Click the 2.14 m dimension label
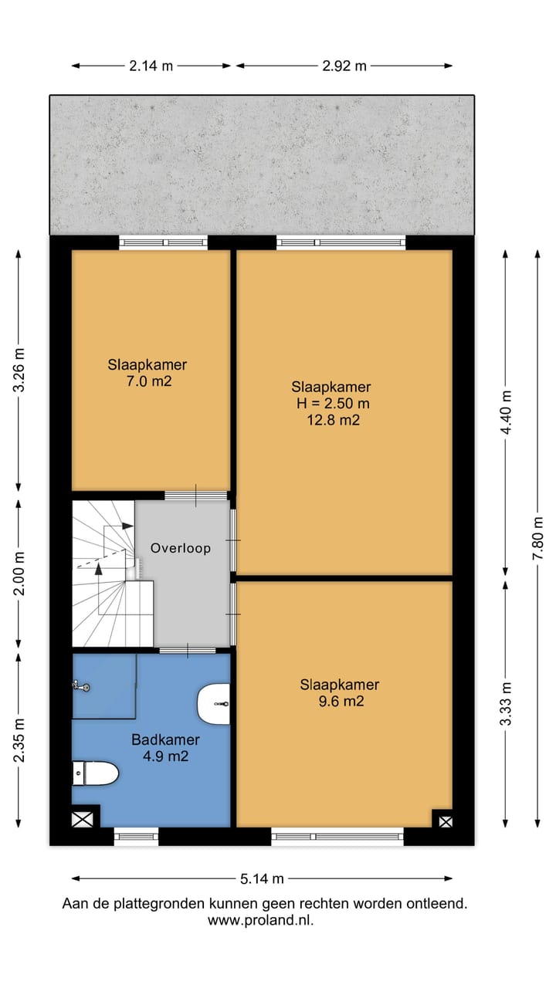click(x=151, y=66)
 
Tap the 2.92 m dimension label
click(x=344, y=66)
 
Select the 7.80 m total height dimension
click(x=537, y=538)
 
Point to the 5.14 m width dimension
click(x=262, y=879)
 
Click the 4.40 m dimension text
click(x=506, y=412)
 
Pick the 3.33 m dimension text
click(x=506, y=703)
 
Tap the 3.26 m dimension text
click(x=19, y=370)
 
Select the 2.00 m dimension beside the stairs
click(x=19, y=574)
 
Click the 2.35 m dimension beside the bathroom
click(x=19, y=740)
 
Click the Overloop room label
click(x=181, y=548)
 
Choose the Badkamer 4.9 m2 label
click(x=165, y=748)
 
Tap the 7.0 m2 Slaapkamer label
click(x=147, y=373)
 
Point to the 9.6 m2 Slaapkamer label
click(x=340, y=692)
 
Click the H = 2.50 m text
click(x=333, y=403)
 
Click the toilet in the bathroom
click(x=95, y=773)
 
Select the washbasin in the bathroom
click(x=214, y=704)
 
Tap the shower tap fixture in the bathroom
click(x=81, y=686)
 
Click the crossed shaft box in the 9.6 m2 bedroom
click(x=446, y=822)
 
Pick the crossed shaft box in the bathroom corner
click(x=83, y=820)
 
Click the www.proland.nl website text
click(x=261, y=921)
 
